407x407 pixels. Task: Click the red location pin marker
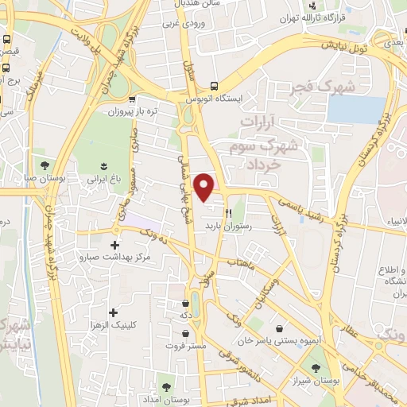coord(205,186)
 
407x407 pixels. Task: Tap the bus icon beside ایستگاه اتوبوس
coord(213,87)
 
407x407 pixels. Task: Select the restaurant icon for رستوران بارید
coord(228,212)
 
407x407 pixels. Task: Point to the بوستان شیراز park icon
coord(316,367)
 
